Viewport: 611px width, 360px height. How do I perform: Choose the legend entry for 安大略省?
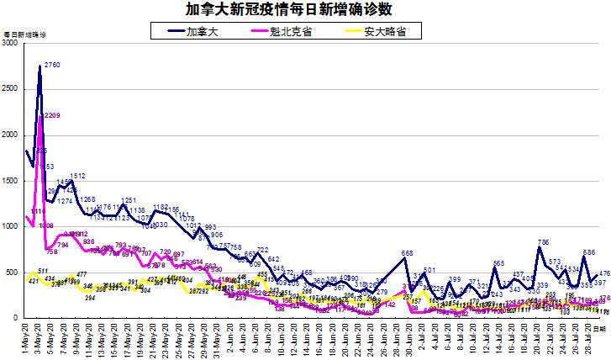point(382,31)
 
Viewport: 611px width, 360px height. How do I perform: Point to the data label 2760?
point(52,65)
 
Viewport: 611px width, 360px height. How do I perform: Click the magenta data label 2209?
point(51,115)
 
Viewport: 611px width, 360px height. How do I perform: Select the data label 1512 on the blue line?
point(78,176)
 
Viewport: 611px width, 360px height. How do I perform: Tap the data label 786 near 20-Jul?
point(543,242)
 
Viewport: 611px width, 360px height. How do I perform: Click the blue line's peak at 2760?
point(40,66)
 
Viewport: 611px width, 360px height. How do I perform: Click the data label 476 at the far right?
point(604,274)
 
